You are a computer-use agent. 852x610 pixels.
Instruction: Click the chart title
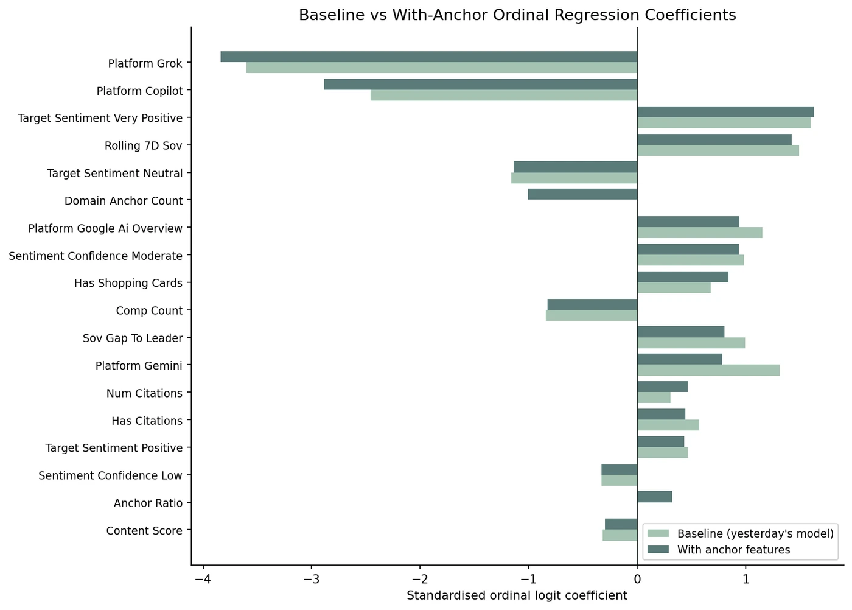[x=517, y=15]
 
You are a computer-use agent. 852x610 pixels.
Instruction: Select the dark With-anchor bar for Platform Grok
[x=428, y=57]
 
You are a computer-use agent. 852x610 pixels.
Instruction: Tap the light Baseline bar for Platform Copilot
[x=503, y=96]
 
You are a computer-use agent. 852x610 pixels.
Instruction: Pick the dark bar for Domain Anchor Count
[x=582, y=194]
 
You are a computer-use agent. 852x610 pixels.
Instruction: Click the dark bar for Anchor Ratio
[x=654, y=497]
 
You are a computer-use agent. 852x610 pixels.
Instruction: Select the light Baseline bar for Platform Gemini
[x=708, y=371]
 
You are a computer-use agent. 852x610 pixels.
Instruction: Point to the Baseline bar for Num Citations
[x=654, y=398]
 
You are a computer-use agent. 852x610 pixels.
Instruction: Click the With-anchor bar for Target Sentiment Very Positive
[x=725, y=112]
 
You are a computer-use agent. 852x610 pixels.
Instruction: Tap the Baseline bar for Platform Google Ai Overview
[x=699, y=233]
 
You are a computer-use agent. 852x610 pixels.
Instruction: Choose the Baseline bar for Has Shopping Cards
[x=674, y=288]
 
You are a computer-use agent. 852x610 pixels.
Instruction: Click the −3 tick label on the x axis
[x=312, y=578]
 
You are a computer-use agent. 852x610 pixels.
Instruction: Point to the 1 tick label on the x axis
[x=745, y=578]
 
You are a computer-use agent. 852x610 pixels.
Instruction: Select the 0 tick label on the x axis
[x=637, y=578]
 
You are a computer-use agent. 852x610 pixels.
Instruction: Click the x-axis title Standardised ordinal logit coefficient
[x=517, y=596]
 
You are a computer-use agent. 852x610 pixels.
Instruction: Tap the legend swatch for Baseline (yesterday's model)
[x=658, y=534]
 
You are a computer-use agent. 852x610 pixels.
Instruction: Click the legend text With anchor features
[x=733, y=550]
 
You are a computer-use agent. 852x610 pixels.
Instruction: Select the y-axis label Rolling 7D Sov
[x=143, y=145]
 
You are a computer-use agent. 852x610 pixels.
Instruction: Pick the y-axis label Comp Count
[x=149, y=310]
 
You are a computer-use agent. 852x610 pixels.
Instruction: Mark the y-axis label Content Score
[x=144, y=531]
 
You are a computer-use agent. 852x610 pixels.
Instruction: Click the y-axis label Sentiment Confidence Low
[x=110, y=475]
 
